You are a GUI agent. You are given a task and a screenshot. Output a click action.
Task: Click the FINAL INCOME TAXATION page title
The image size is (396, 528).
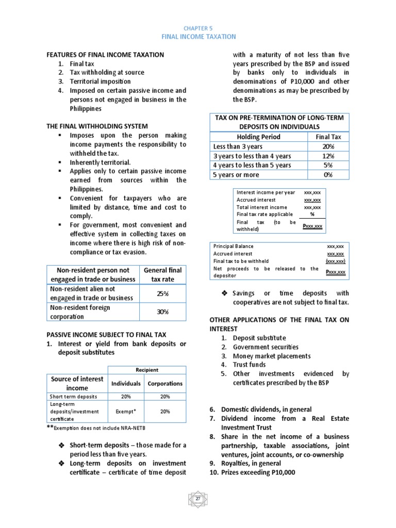point(199,37)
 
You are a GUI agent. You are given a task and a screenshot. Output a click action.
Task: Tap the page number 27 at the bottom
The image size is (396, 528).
point(198,500)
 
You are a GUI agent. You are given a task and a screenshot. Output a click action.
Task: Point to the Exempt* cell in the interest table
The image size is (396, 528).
point(126,411)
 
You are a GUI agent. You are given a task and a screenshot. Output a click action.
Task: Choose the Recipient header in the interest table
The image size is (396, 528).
point(147,370)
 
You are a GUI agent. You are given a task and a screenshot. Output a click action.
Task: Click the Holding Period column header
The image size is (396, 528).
point(258,137)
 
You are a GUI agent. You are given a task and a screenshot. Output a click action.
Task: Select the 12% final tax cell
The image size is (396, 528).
point(328,156)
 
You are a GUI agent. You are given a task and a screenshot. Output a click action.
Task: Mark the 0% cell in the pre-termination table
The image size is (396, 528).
point(328,175)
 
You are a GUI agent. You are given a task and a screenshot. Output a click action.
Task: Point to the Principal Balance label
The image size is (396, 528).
point(233,246)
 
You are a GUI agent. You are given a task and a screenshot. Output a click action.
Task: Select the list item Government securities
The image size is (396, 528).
point(266,347)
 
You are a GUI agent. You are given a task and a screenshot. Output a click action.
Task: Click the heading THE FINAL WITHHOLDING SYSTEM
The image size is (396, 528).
point(97,126)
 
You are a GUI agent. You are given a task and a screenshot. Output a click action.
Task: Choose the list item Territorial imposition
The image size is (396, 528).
point(101,81)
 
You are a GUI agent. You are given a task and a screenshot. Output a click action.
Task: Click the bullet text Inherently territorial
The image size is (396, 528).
point(101,162)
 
